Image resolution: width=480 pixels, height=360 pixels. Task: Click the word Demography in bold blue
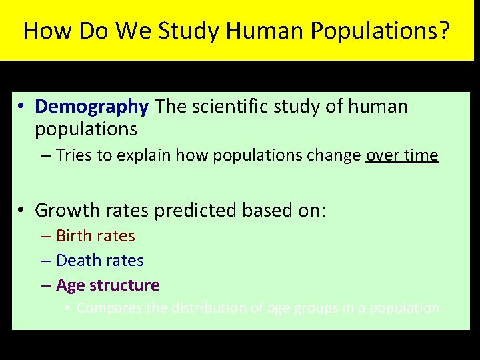tap(91, 107)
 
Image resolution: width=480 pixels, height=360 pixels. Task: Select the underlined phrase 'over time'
tap(402, 156)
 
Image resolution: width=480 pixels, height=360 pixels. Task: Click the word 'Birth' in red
tap(73, 236)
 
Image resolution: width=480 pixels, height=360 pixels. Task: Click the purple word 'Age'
tap(69, 285)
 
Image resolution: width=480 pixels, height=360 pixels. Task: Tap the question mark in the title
tap(444, 31)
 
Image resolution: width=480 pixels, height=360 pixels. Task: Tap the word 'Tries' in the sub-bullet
tap(74, 156)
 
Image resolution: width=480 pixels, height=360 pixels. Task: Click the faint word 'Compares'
tap(105, 308)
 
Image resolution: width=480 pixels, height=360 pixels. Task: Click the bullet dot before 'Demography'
tap(22, 107)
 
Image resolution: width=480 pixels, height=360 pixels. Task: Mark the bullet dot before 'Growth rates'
tap(22, 211)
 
